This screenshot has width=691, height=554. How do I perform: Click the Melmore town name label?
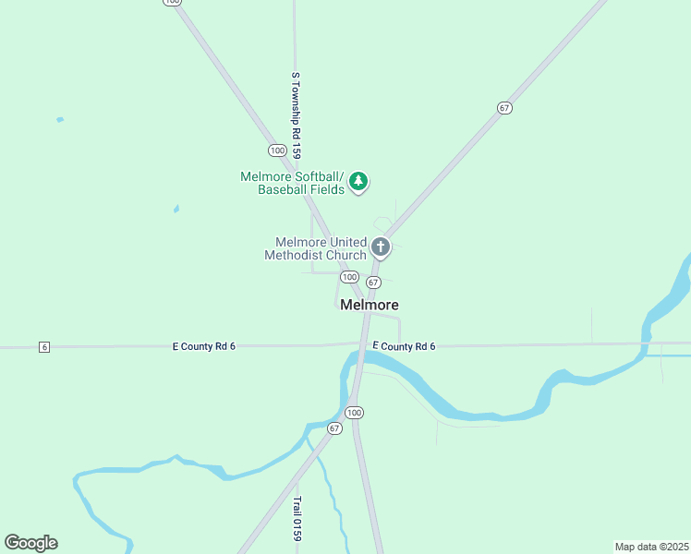(370, 305)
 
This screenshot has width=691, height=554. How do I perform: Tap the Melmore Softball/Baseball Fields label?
(292, 183)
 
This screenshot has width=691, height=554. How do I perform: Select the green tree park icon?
(359, 182)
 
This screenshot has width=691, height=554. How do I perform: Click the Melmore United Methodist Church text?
(315, 248)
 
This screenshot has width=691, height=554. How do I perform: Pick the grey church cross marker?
(380, 247)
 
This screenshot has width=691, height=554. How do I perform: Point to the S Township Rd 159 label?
(297, 115)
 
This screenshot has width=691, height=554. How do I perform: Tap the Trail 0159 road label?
(297, 519)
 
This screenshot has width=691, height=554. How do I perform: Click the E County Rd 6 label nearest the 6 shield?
(204, 346)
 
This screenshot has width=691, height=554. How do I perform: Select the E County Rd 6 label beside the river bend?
(404, 346)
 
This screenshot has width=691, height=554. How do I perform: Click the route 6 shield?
(43, 347)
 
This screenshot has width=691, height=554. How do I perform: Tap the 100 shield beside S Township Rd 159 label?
(277, 150)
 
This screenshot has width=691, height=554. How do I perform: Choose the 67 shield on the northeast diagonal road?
(503, 108)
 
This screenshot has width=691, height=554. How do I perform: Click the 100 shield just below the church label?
(349, 277)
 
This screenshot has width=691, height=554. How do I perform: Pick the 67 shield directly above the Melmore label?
(373, 282)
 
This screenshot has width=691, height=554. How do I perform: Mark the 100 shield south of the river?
(355, 412)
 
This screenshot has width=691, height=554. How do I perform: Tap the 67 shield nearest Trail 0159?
(334, 428)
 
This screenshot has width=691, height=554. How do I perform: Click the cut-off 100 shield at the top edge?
(171, 2)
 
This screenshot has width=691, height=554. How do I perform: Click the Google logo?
(30, 543)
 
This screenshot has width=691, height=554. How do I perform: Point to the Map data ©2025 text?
(651, 546)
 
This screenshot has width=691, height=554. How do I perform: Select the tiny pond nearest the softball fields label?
(176, 209)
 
